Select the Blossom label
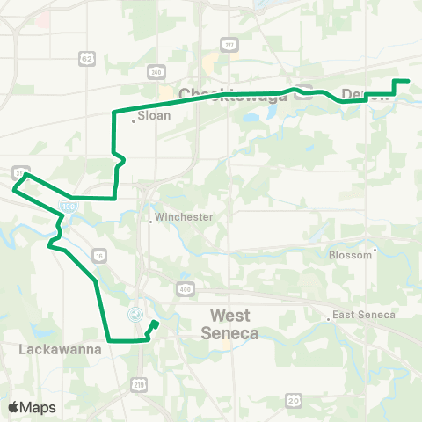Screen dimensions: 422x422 click(351, 255)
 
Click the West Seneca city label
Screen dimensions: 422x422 click(230, 324)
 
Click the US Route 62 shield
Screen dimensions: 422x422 click(85, 59)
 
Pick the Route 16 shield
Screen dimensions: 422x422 click(99, 255)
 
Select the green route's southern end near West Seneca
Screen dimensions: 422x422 click(156, 324)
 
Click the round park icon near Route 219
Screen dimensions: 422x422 click(135, 313)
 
